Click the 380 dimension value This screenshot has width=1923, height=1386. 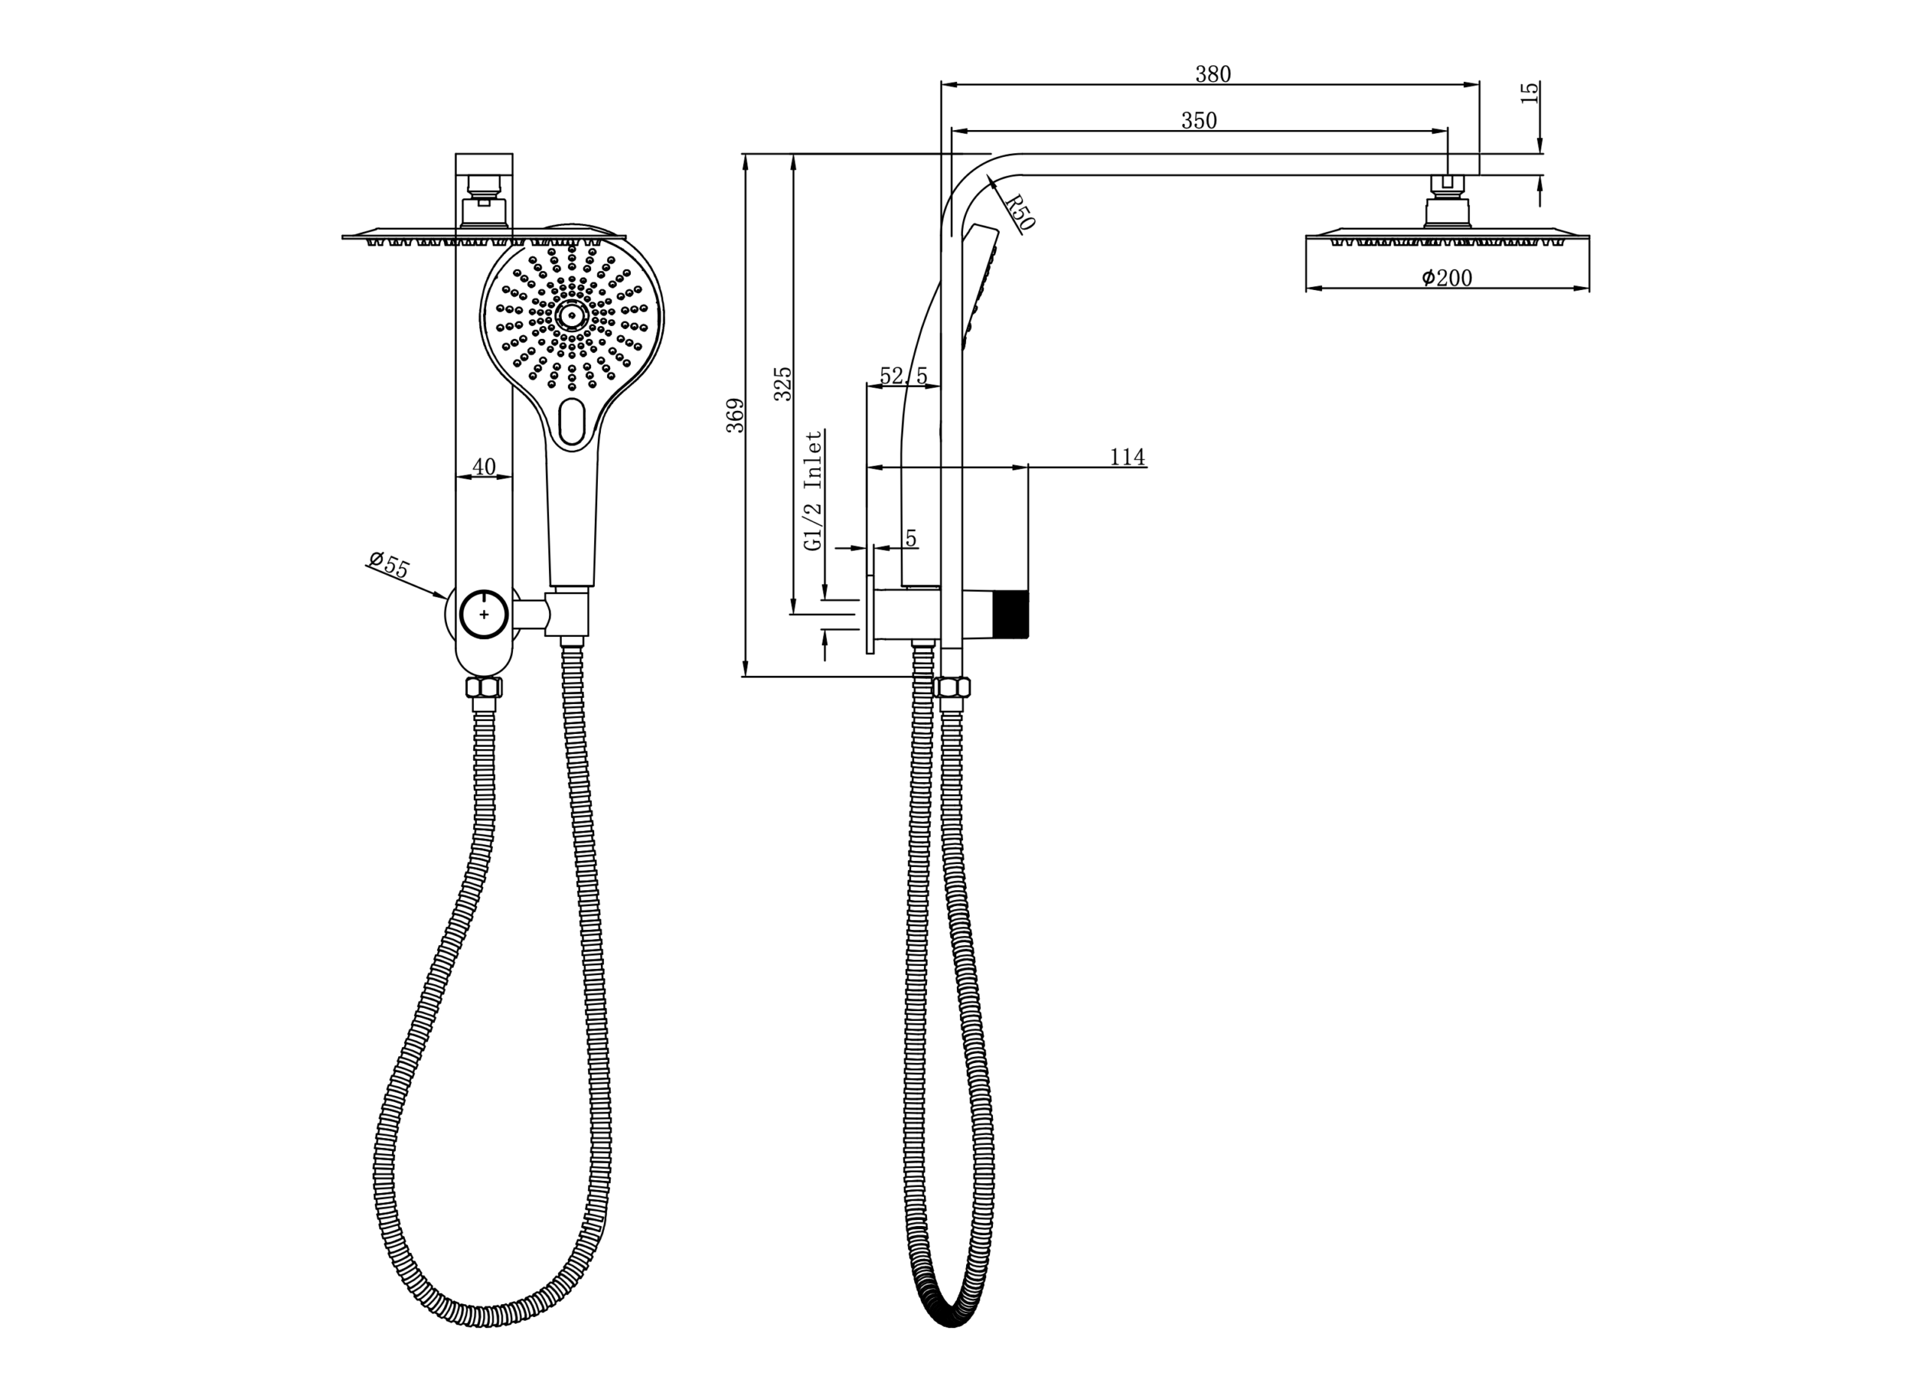point(1212,74)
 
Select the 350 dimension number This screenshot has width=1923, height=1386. point(1199,121)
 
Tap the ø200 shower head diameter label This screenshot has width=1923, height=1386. point(1447,277)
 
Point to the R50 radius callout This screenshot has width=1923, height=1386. point(1019,212)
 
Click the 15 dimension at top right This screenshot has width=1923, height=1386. point(1529,92)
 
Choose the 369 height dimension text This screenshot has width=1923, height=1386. point(735,415)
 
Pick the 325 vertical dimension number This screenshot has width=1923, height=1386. point(783,383)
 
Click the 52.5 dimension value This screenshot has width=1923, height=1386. point(903,375)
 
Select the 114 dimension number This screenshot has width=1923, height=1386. point(1127,457)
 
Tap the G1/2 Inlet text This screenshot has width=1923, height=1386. point(813,491)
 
